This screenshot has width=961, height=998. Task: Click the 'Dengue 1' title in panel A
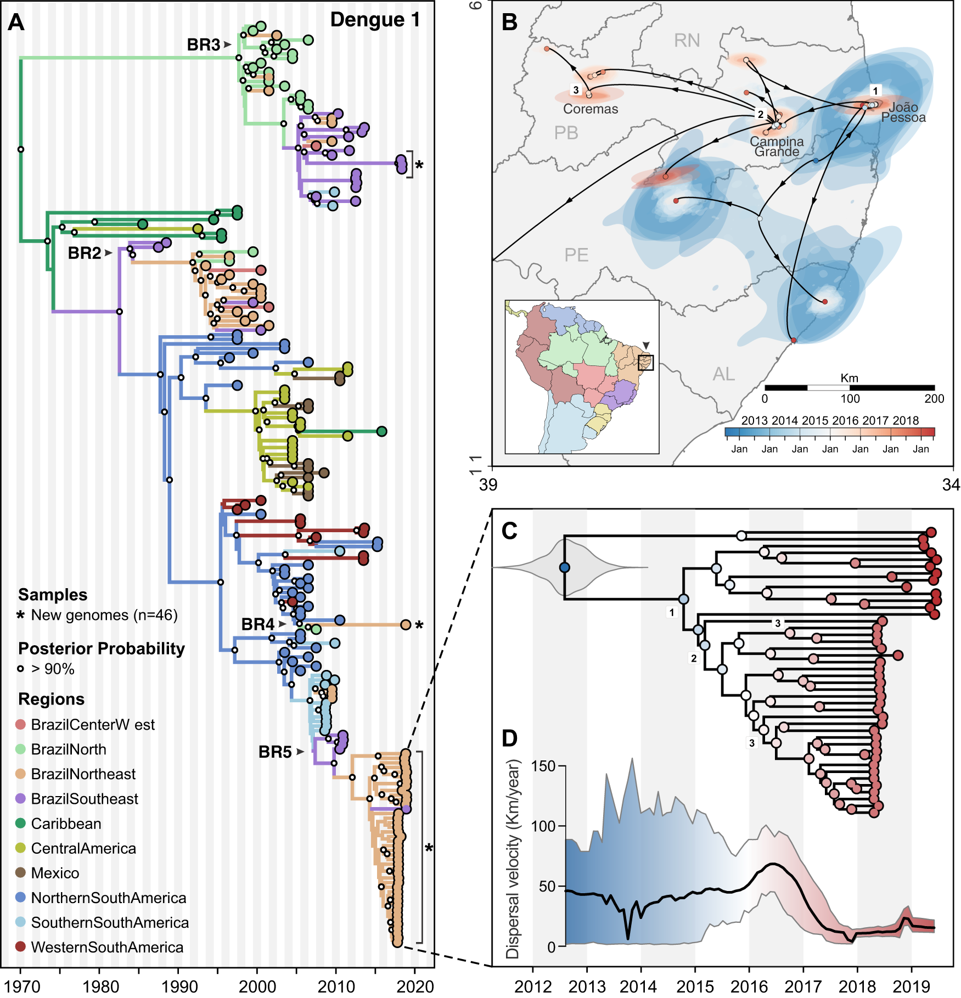375,20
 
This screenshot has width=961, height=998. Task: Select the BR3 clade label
203,44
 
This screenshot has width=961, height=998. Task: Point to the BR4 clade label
257,624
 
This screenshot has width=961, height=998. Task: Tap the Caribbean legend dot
20,823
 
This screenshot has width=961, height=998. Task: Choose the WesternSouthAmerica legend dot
20,946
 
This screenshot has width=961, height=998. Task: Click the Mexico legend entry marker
20,872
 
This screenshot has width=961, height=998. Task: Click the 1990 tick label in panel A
179,986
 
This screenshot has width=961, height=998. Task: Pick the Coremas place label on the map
591,109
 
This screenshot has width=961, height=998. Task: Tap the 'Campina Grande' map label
777,146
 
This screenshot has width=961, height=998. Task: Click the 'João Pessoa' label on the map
903,112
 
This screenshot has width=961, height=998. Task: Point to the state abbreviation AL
723,374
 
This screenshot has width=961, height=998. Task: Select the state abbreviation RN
687,41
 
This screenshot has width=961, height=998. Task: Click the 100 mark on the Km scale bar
850,399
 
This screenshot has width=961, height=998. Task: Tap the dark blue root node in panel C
565,567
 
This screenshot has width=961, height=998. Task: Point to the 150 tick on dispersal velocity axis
543,766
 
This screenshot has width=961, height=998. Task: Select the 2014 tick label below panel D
638,986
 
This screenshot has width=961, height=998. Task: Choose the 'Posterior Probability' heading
102,649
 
